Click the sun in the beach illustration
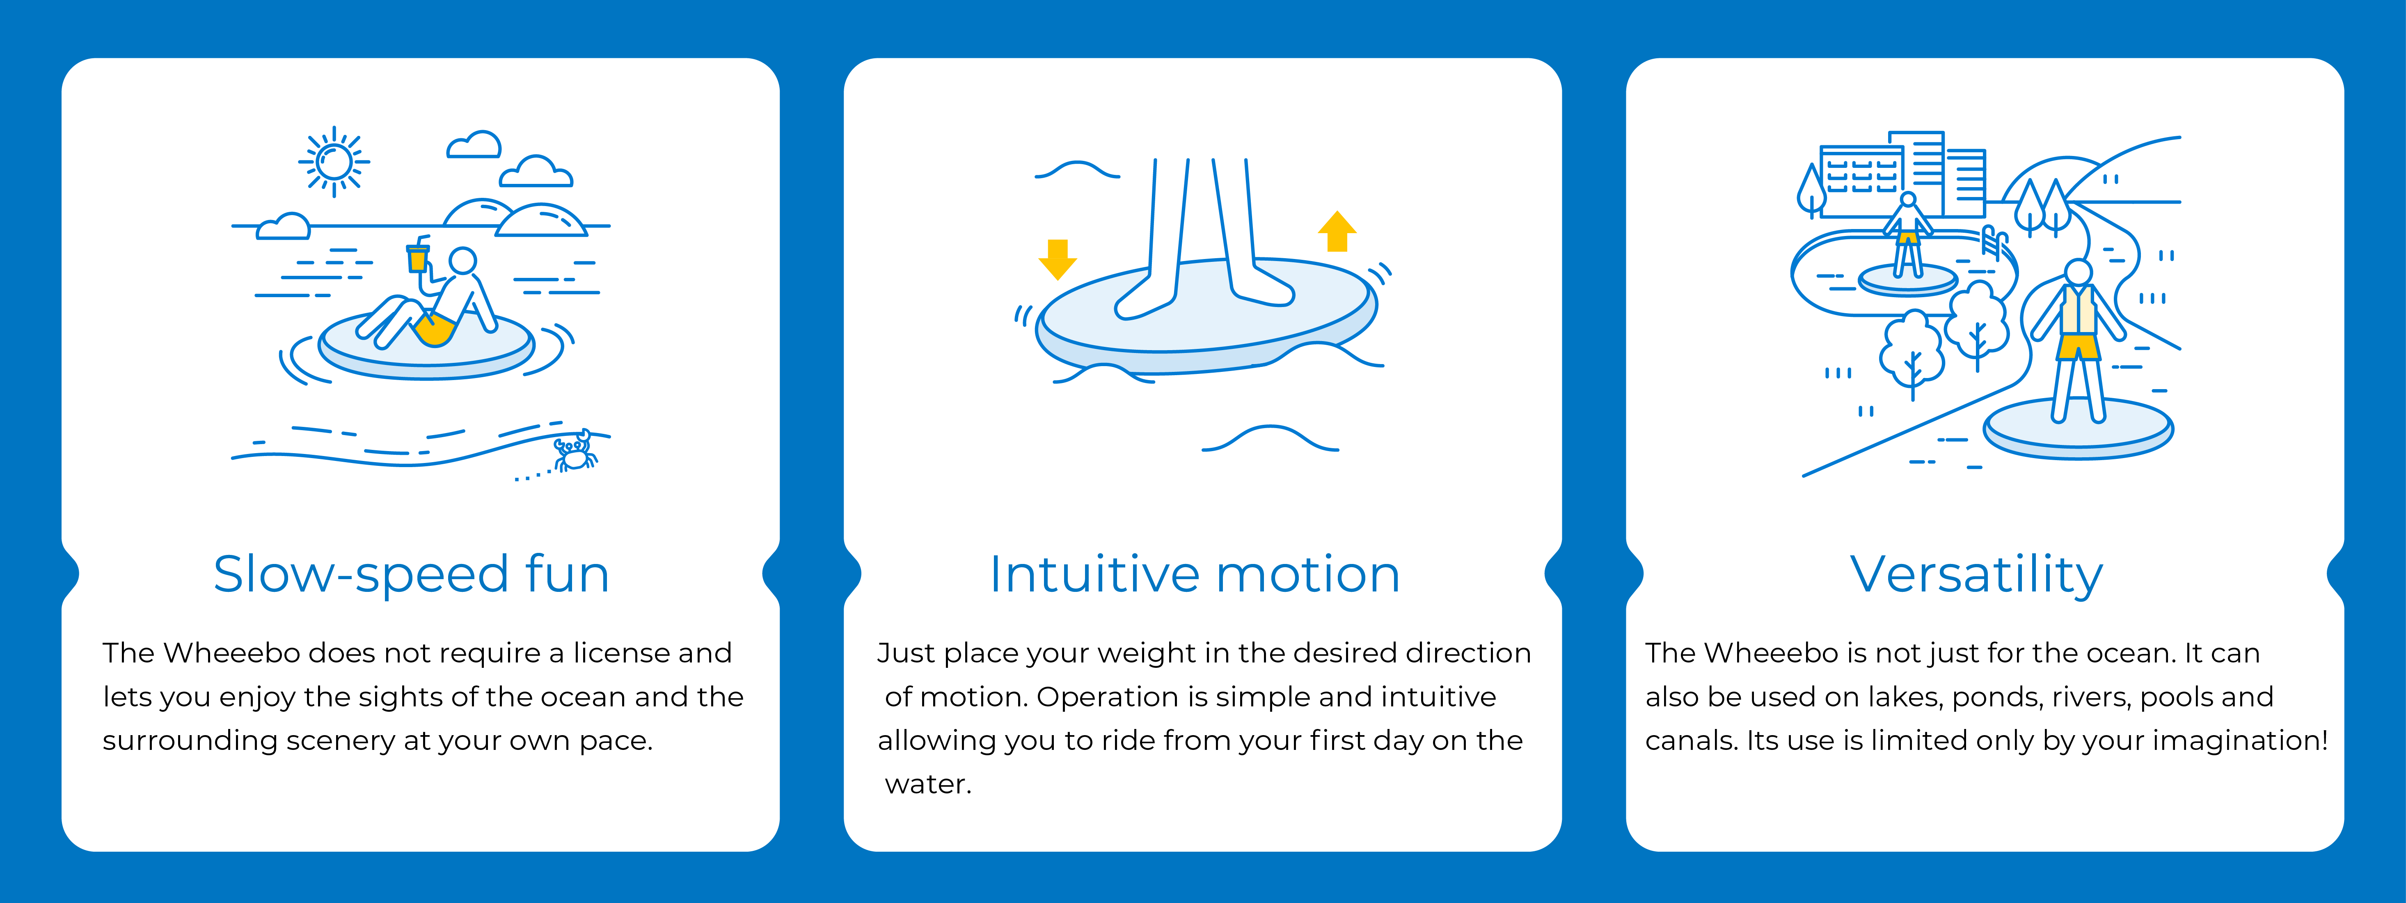point(334,162)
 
